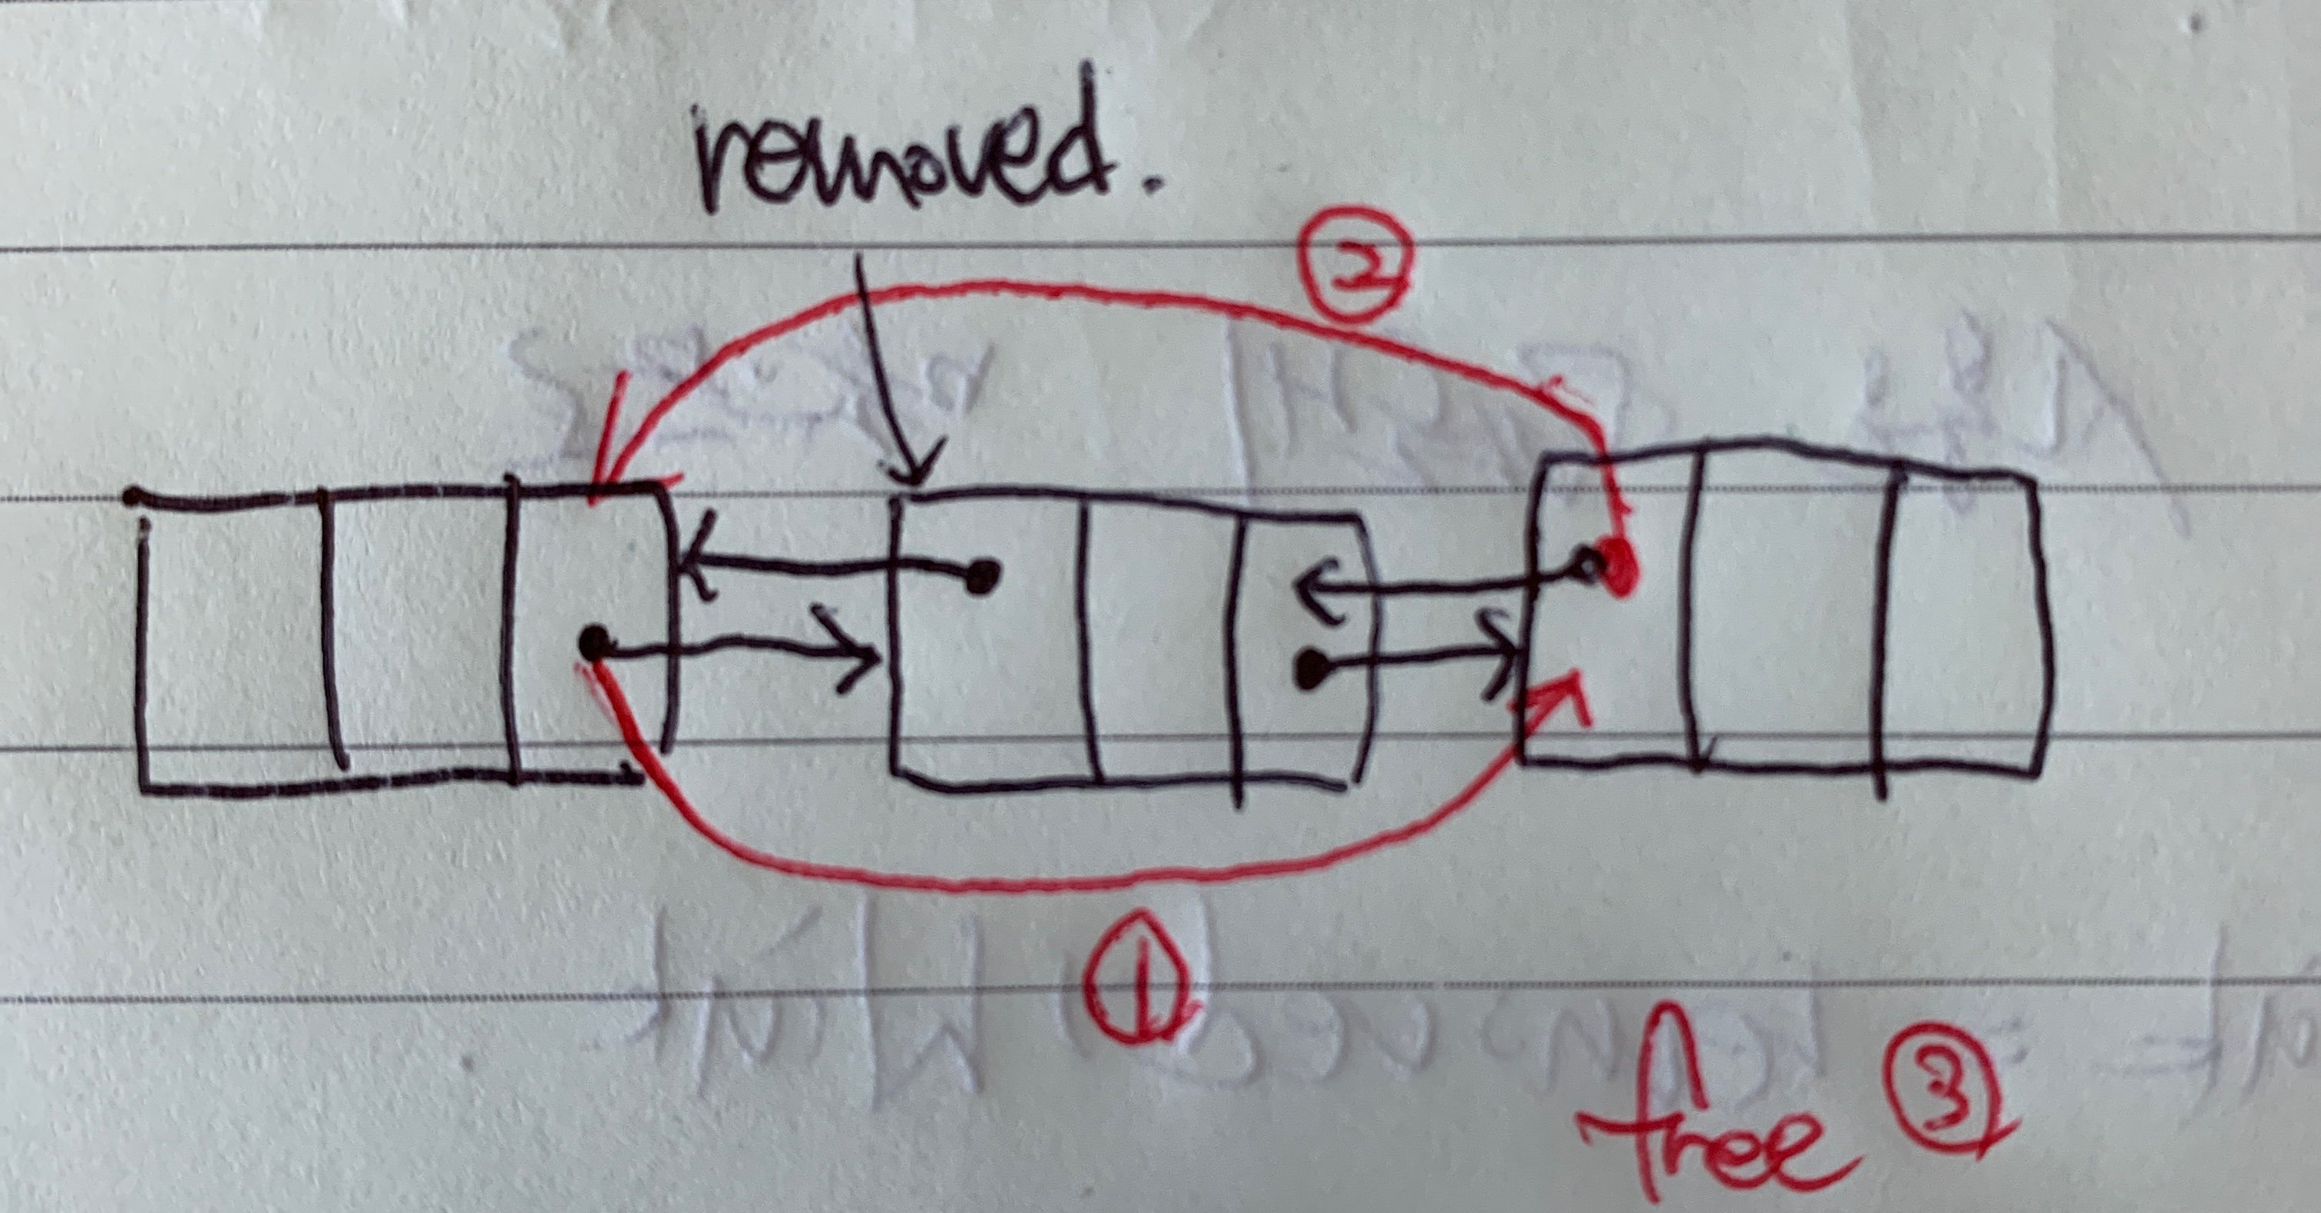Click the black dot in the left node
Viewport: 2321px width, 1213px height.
[592, 644]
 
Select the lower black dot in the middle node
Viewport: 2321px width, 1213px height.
[1310, 668]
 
